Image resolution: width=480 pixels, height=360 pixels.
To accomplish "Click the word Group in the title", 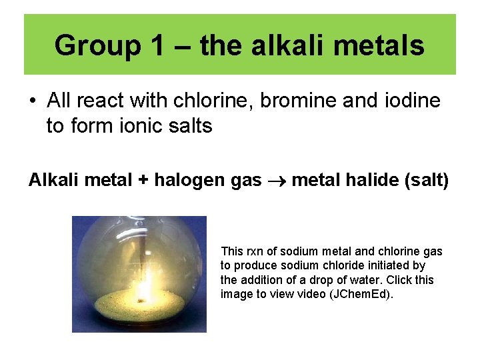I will click(x=97, y=46).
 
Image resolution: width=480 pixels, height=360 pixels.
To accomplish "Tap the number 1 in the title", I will click(x=157, y=46).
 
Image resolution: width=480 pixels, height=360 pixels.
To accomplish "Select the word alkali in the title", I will click(x=279, y=46).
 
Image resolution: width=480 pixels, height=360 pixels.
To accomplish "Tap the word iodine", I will click(x=409, y=101).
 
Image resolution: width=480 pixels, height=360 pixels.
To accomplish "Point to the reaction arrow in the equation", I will click(x=277, y=181).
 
